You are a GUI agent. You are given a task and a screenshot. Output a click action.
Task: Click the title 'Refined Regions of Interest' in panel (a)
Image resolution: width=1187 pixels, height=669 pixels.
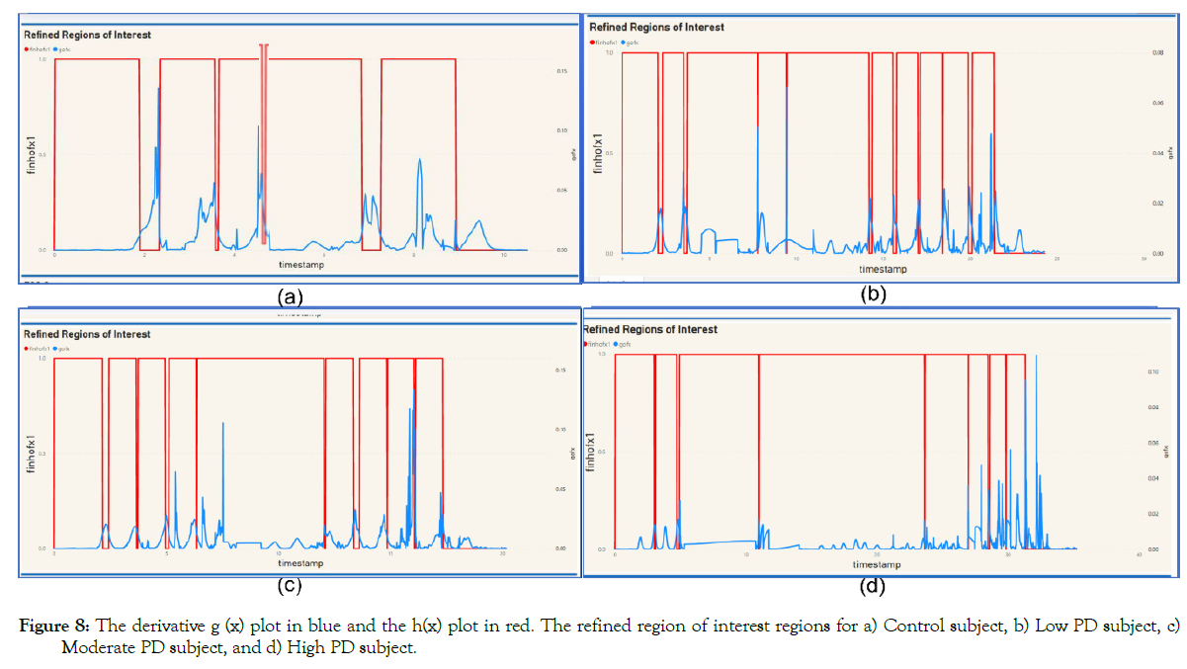88,35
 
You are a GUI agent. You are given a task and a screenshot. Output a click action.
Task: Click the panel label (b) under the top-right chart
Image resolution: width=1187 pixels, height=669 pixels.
874,293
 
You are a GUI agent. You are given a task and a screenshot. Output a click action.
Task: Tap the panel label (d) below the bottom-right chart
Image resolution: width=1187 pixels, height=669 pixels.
873,587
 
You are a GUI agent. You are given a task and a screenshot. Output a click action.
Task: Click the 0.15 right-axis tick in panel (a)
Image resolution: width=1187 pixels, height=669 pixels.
560,70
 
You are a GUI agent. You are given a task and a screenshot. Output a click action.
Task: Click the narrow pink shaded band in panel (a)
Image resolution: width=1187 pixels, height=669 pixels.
264,148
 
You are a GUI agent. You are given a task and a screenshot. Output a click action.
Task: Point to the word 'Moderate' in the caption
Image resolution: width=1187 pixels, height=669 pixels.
90,647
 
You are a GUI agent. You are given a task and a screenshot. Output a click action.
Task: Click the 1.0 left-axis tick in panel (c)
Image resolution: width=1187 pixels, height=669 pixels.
41,358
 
